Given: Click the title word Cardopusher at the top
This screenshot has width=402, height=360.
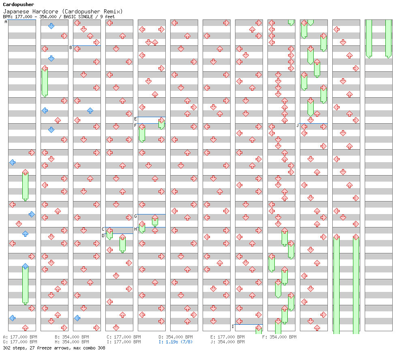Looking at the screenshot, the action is coord(19,4).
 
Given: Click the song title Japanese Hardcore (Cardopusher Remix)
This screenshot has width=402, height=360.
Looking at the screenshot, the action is coord(63,11).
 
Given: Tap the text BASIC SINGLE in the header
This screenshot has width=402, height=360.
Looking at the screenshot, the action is coord(78,17).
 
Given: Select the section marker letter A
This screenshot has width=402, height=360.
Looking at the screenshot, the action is coord(6,22).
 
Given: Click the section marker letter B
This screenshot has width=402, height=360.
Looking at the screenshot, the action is coord(71,47).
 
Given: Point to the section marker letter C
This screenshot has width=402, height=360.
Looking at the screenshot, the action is coord(103,229).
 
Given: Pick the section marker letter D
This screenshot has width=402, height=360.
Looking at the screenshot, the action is coord(103,236).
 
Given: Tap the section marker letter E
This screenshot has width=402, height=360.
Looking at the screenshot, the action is coord(135,119).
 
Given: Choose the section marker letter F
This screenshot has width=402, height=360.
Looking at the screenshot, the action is coord(135,125).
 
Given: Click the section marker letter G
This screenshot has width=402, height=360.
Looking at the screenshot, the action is coord(135,216).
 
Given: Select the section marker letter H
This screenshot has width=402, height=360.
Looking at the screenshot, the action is coord(135,229).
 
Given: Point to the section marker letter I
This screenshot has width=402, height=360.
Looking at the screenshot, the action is coord(233,326).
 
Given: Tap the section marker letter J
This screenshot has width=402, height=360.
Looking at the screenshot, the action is coord(297,125).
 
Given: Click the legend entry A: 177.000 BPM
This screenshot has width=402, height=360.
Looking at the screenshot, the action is coord(20,337).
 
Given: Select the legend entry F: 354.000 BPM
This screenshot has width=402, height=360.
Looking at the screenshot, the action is coord(279,337).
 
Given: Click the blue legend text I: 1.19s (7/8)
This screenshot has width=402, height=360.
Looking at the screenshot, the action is coord(175,342).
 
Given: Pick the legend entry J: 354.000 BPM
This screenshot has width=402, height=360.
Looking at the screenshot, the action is coord(227,342).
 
